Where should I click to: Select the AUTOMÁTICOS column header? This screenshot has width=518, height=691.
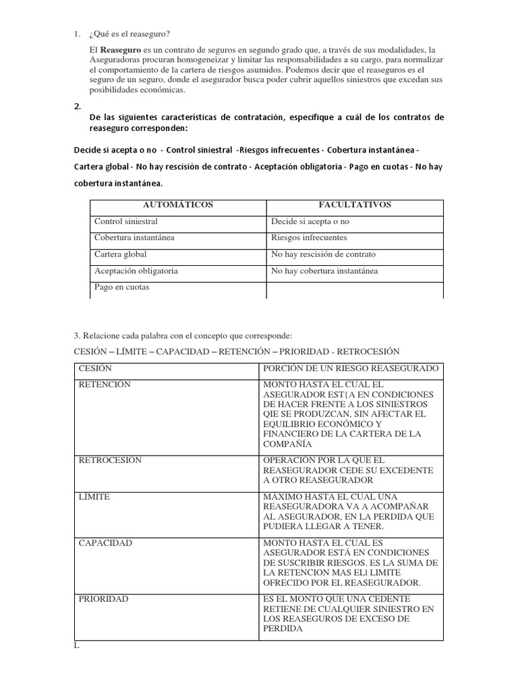[179, 204]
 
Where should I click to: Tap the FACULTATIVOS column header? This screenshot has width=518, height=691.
[355, 204]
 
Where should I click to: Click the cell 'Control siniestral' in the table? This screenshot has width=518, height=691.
[126, 221]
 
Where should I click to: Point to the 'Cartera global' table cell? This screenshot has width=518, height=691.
[121, 254]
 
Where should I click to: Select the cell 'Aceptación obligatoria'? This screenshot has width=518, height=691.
[136, 271]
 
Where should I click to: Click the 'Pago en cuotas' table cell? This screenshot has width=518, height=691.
[122, 287]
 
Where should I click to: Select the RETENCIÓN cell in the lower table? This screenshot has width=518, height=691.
[105, 385]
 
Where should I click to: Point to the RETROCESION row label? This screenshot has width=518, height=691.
[110, 460]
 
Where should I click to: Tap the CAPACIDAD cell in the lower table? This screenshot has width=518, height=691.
[105, 543]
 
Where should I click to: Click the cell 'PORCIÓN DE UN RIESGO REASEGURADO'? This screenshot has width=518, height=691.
[351, 368]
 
